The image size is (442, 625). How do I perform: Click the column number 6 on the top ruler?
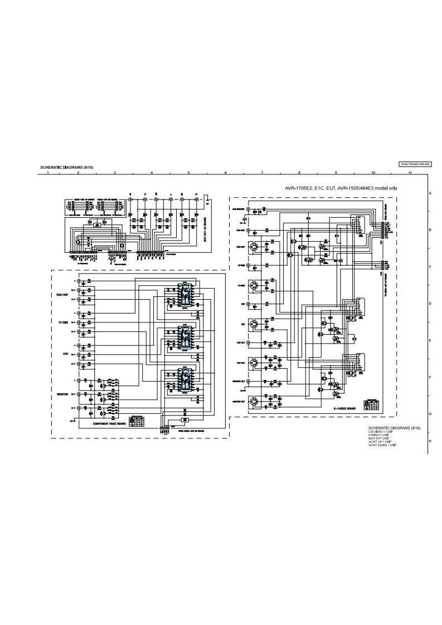click(x=225, y=173)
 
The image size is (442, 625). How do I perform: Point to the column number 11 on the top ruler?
click(x=410, y=173)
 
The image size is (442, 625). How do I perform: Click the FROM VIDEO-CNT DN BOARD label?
click(x=191, y=431)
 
